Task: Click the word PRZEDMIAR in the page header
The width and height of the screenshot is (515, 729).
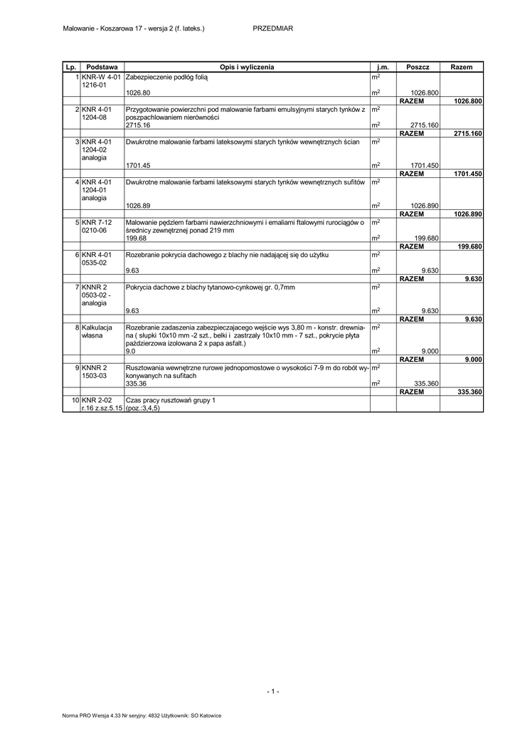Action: (273, 28)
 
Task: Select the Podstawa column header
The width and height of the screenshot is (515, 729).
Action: (102, 67)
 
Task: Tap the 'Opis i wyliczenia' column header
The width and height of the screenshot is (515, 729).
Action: (247, 67)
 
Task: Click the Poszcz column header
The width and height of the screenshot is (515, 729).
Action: (418, 67)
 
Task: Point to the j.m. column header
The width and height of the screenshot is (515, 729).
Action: (383, 67)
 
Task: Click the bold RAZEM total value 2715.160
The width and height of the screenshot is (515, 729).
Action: (467, 133)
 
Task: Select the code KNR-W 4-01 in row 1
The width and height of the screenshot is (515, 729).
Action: (102, 76)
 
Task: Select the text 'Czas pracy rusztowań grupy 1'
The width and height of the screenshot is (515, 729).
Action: (170, 400)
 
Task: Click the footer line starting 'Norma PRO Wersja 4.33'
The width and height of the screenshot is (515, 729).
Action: (142, 715)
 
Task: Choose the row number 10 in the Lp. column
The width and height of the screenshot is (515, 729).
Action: (75, 400)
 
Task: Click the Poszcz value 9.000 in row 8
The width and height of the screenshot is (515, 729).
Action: (428, 351)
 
